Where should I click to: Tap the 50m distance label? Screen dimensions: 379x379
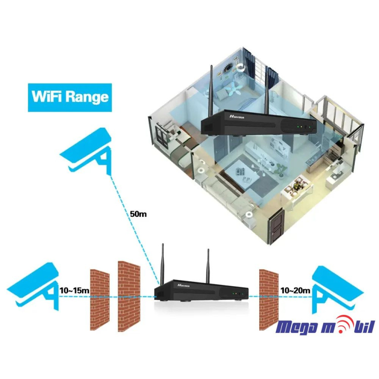click(x=138, y=214)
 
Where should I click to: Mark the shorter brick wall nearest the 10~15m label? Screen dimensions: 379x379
click(x=99, y=298)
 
